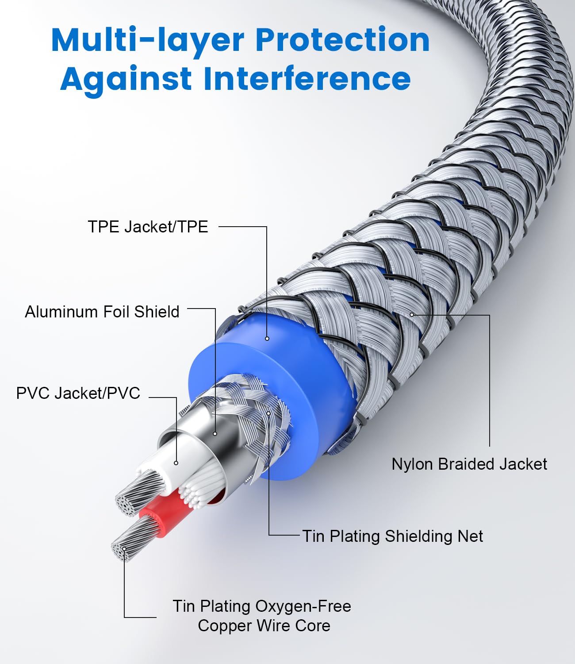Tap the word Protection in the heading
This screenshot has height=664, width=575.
coord(342,41)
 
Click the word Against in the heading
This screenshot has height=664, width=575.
coord(126,79)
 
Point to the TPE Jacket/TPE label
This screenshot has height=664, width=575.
coord(148,227)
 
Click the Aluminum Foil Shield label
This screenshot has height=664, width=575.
coord(102,312)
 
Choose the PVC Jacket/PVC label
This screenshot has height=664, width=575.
coord(78,393)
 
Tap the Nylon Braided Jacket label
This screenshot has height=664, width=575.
coord(469,464)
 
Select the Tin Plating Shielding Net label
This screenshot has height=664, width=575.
coord(392,536)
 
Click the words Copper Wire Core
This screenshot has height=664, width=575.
coord(264,625)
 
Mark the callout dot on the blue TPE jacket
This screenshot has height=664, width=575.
coord(267,339)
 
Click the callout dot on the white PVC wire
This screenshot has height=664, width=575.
coord(176,463)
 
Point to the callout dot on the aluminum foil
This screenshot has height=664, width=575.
coord(215,434)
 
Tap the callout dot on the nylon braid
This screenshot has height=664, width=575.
coord(412,315)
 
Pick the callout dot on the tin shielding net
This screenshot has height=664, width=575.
coord(268,413)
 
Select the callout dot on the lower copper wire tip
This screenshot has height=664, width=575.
coord(124,549)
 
